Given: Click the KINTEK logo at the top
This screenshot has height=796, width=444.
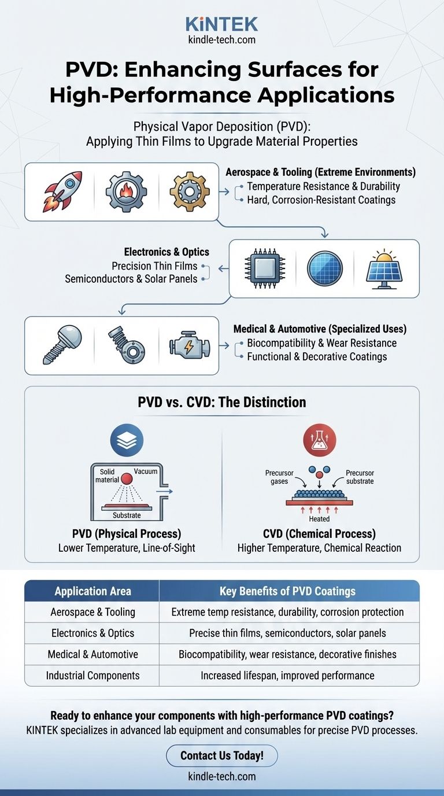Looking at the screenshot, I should pyautogui.click(x=222, y=24).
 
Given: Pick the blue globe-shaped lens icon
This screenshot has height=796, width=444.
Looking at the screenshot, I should pyautogui.click(x=324, y=269).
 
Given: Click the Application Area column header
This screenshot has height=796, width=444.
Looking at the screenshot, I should pyautogui.click(x=92, y=591).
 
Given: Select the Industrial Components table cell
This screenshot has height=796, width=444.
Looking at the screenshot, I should pyautogui.click(x=92, y=675).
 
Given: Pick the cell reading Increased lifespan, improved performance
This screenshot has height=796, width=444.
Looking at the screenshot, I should pyautogui.click(x=287, y=675).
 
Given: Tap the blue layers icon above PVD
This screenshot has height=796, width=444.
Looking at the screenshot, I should pyautogui.click(x=127, y=441).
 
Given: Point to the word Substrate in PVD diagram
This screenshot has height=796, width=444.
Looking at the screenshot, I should pyautogui.click(x=127, y=515).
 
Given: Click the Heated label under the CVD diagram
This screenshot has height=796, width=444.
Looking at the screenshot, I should pyautogui.click(x=319, y=519).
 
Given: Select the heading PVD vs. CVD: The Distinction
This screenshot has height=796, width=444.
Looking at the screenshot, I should pyautogui.click(x=222, y=402).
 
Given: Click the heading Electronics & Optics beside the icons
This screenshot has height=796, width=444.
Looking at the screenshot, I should pyautogui.click(x=166, y=252).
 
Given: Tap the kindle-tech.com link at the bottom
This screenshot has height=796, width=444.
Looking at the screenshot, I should pyautogui.click(x=222, y=776).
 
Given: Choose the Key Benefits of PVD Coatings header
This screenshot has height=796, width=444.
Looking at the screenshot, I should pyautogui.click(x=287, y=591).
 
